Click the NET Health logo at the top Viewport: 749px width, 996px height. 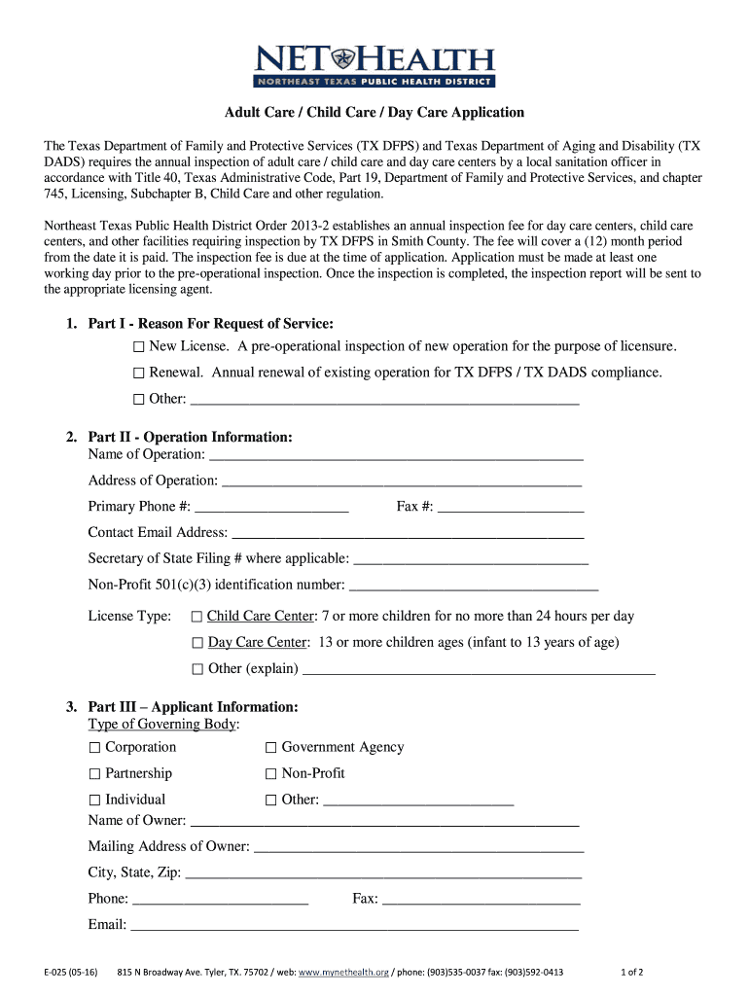pos(374,65)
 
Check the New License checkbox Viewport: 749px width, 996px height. pos(139,347)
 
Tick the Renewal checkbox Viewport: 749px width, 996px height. pos(139,373)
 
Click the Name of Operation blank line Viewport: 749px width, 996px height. pos(396,454)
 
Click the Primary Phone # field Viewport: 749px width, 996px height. pos(271,507)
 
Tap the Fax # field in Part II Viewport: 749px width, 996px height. pos(511,507)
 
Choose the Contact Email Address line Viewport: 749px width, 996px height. pos(408,533)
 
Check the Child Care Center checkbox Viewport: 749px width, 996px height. pos(197,617)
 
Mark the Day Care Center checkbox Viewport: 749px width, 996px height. pos(197,643)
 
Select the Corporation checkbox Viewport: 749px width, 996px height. pos(95,748)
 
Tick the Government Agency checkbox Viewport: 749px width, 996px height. pos(271,748)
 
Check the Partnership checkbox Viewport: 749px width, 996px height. pos(95,774)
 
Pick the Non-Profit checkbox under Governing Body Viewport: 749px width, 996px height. pos(271,774)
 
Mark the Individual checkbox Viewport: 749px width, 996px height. pos(95,800)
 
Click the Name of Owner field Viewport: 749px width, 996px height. pos(384,821)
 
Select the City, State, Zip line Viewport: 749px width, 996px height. pos(384,873)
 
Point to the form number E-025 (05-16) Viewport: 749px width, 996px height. pos(69,973)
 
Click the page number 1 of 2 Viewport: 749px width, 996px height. pos(632,973)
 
